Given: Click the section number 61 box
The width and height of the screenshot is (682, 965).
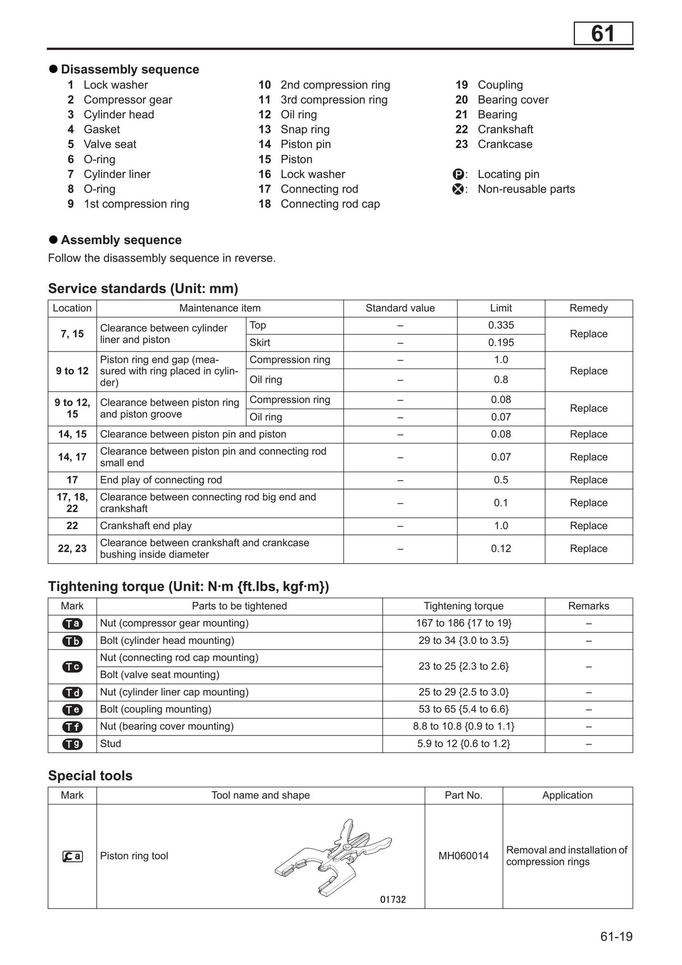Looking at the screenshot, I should tap(603, 34).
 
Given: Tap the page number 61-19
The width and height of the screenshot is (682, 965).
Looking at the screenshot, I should tap(616, 936).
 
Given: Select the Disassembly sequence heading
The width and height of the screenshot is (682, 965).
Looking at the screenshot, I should tap(130, 69).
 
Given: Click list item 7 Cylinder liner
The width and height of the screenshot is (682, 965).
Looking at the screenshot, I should tap(116, 174).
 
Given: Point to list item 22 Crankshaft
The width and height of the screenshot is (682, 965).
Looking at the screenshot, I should tap(505, 130).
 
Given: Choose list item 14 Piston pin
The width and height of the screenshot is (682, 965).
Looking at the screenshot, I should tap(305, 144).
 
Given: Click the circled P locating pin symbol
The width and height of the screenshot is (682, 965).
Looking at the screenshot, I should tap(458, 174).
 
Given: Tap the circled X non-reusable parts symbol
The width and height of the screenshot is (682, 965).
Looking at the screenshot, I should tap(458, 189).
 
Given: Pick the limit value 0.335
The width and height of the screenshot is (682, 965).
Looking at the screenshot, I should tap(501, 325).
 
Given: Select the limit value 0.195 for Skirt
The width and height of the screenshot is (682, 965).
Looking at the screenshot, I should tap(501, 343).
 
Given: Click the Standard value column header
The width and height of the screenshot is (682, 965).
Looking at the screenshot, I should tap(400, 308).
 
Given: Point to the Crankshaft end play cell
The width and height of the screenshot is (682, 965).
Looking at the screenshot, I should tap(146, 526).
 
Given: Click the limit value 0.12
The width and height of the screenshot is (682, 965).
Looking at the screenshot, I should tap(501, 548).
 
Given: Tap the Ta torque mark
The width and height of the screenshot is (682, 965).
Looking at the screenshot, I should tap(72, 623).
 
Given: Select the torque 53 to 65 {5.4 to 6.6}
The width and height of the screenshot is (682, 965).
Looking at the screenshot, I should tap(463, 709).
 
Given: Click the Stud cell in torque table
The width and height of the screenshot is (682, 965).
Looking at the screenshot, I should tap(111, 744).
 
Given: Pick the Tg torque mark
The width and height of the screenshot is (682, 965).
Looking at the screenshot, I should tap(72, 744).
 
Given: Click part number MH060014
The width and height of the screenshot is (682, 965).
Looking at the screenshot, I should tap(463, 856).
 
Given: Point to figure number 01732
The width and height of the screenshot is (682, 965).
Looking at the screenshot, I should tap(393, 900).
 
